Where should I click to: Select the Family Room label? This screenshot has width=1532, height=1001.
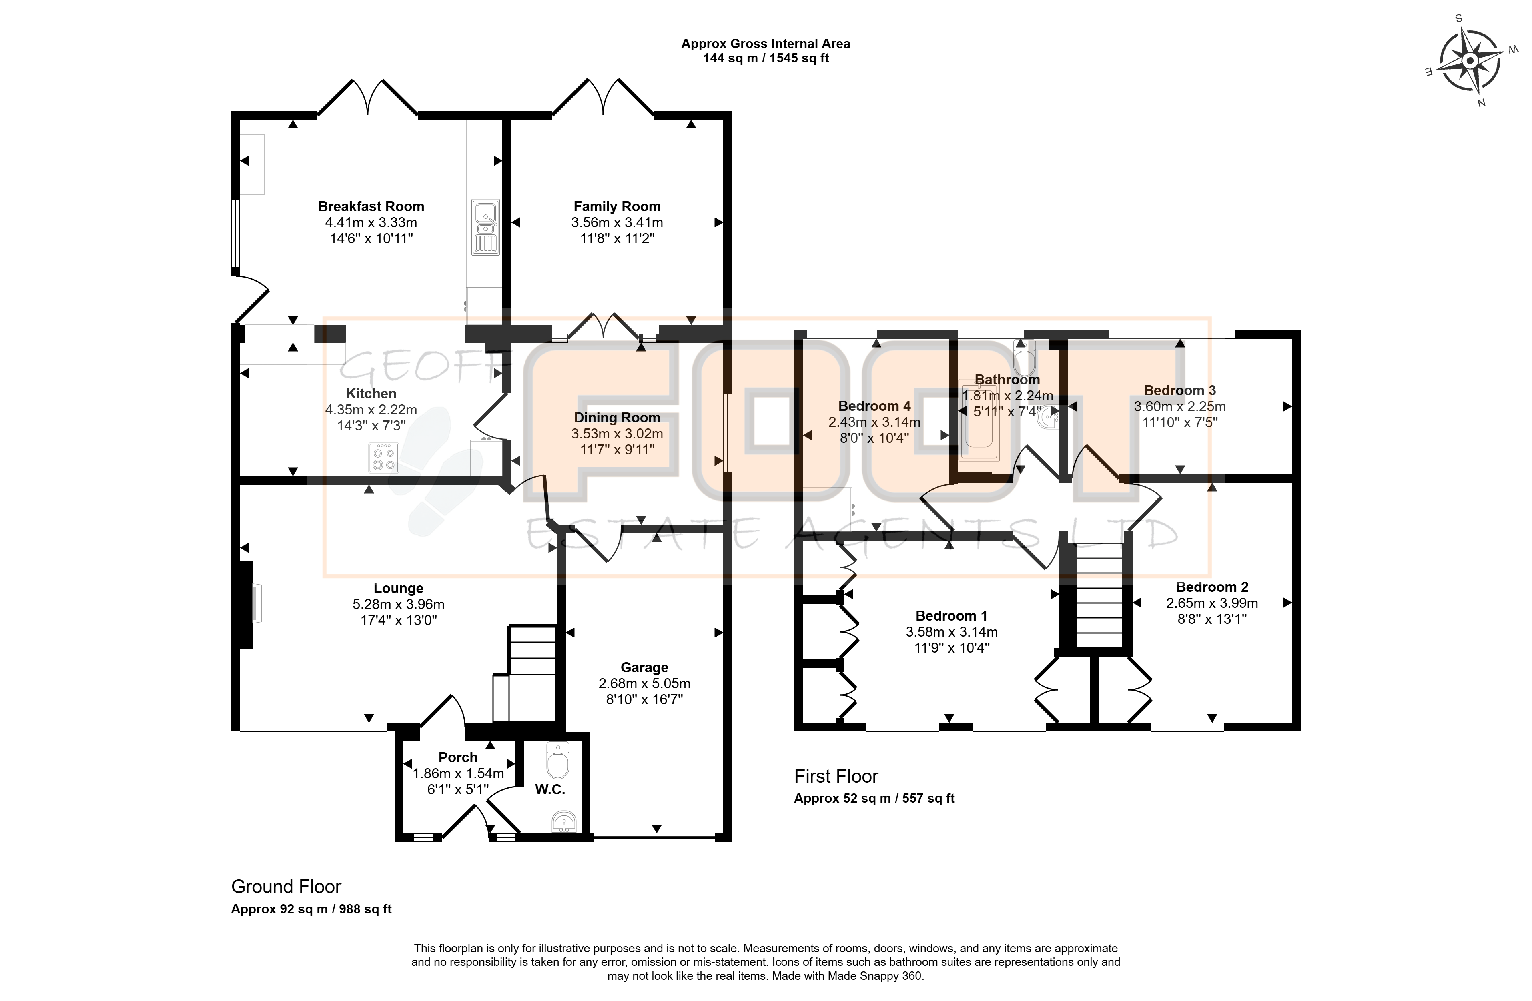click(x=617, y=206)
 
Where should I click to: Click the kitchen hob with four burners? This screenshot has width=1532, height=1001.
click(x=384, y=457)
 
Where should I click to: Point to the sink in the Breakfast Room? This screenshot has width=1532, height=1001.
click(x=485, y=228)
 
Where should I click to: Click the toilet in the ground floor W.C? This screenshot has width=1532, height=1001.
click(x=557, y=761)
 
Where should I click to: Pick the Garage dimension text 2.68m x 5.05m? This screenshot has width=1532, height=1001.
click(x=644, y=683)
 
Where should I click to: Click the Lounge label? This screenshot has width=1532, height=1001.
click(x=399, y=588)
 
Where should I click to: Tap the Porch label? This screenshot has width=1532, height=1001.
click(x=458, y=757)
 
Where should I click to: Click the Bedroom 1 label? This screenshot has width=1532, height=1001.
click(x=951, y=616)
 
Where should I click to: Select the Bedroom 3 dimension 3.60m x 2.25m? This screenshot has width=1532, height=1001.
click(x=1180, y=406)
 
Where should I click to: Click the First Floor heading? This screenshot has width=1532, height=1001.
click(x=836, y=777)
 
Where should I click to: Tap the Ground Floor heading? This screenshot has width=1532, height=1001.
click(x=286, y=887)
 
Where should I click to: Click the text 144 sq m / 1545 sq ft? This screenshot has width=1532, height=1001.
click(x=766, y=58)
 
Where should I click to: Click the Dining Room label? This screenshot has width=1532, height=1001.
click(x=617, y=418)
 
